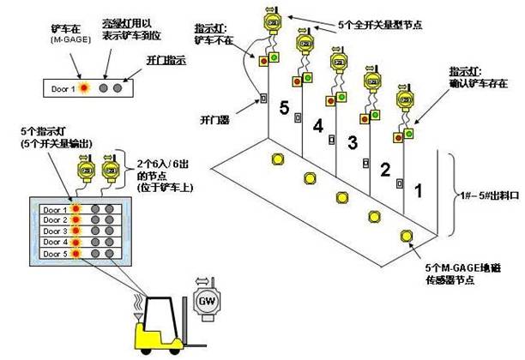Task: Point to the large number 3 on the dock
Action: pyautogui.click(x=351, y=141)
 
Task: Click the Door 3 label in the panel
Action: pyautogui.click(x=55, y=231)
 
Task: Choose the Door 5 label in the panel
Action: pyautogui.click(x=55, y=255)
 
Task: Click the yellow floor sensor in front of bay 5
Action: pyautogui.click(x=278, y=159)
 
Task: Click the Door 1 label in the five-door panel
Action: pyautogui.click(x=55, y=207)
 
